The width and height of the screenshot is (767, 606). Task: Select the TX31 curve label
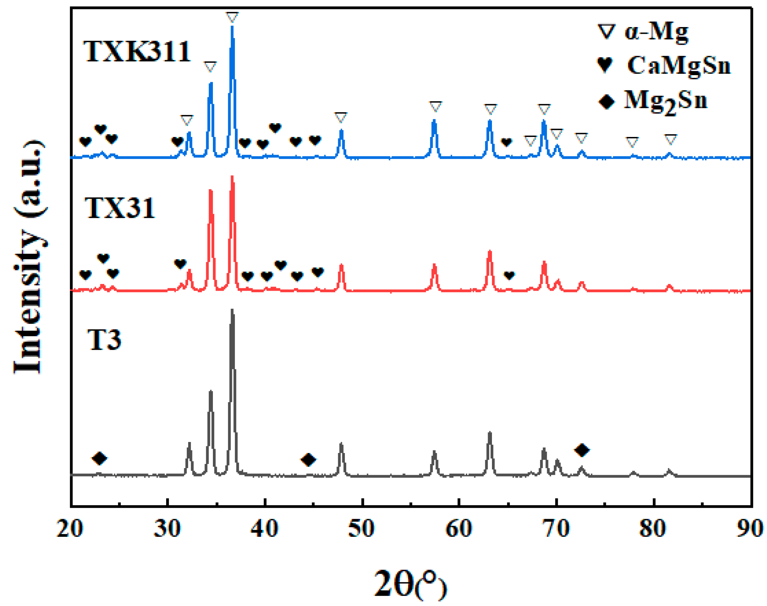(x=120, y=208)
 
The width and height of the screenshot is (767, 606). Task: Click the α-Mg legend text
(x=656, y=32)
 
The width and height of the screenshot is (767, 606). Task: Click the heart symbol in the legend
(x=605, y=65)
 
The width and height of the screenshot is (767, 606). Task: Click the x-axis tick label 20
(x=70, y=528)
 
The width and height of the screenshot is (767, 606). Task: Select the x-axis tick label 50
(x=361, y=528)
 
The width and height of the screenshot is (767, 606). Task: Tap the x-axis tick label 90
(x=750, y=528)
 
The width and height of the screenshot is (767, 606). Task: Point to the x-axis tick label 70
(x=556, y=528)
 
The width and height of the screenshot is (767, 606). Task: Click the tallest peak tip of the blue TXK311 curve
(x=232, y=27)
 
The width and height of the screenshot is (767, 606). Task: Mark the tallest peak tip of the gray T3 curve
(x=232, y=310)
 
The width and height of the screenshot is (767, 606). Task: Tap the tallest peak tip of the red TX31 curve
(x=232, y=176)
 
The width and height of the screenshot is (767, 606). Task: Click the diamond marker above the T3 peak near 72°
(x=582, y=450)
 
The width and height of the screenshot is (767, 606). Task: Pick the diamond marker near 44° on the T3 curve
(x=308, y=459)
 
